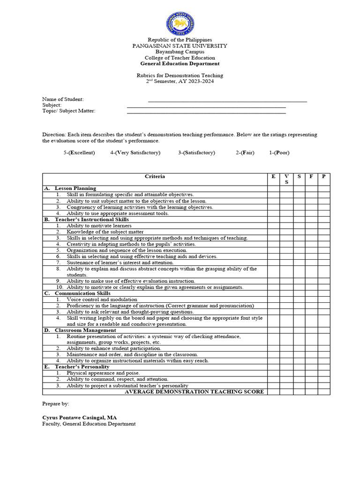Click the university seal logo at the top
[x=180, y=23]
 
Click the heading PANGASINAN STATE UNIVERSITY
[x=180, y=46]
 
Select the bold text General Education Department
[x=180, y=64]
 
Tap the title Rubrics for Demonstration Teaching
[x=180, y=75]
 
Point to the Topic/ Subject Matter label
[x=69, y=111]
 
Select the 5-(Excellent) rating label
[x=79, y=153]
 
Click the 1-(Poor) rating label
[x=280, y=153]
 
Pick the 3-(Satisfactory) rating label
[x=196, y=153]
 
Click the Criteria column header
[x=155, y=177]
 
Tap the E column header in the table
[x=273, y=177]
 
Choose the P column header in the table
[x=323, y=177]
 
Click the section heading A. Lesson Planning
[x=70, y=188]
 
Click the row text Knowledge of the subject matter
[x=105, y=232]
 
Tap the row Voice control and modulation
[x=102, y=300]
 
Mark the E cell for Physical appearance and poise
[x=273, y=373]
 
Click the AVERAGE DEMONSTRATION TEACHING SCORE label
[x=194, y=392]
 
